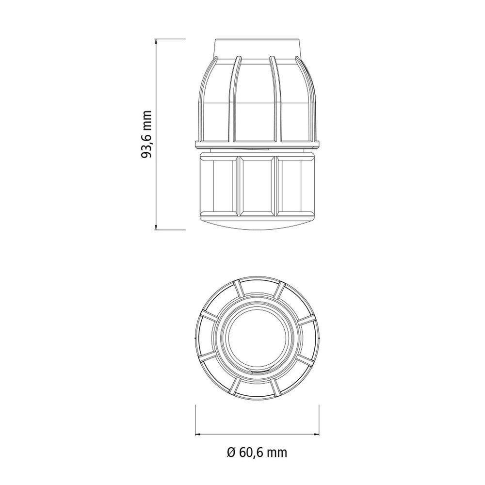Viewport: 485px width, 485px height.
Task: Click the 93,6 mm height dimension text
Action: click(146, 134)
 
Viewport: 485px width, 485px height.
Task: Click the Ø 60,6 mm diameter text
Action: click(257, 453)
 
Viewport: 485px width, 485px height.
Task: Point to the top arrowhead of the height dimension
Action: click(156, 42)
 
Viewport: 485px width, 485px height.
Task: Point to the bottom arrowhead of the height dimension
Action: click(156, 227)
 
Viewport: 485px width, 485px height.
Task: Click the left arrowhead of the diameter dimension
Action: click(198, 434)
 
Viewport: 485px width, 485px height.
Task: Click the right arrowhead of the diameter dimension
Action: click(316, 434)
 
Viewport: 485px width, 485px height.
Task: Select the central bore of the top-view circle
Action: click(257, 339)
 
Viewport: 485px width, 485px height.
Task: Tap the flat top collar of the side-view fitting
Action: click(257, 48)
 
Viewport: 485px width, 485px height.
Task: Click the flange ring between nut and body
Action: click(257, 145)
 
